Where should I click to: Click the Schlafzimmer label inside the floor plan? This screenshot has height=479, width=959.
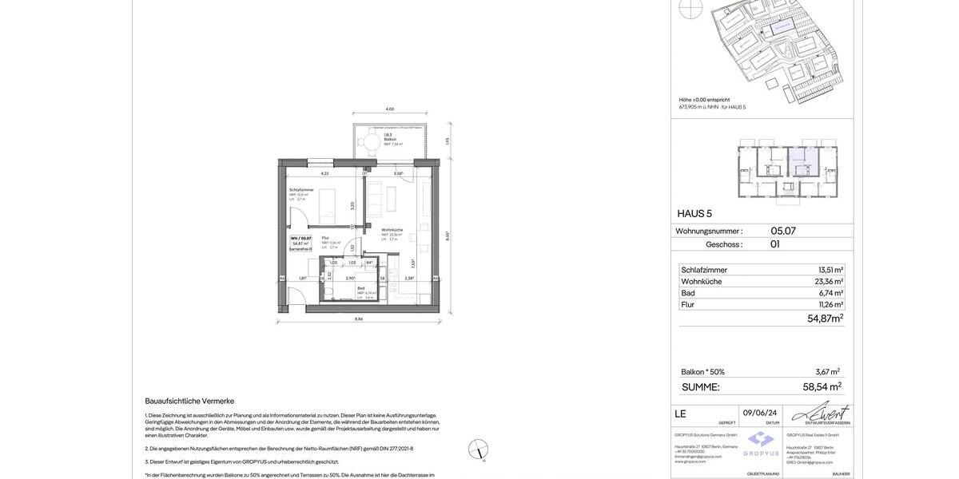[301, 190]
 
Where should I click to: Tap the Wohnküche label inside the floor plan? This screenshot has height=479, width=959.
[392, 230]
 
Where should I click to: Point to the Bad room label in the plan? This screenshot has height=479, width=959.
[361, 288]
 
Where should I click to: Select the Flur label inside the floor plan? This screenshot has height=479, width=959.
[326, 238]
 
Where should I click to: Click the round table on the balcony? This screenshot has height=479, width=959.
[372, 144]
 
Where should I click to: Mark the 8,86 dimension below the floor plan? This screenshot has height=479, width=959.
[359, 319]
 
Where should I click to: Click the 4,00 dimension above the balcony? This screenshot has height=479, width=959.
[390, 109]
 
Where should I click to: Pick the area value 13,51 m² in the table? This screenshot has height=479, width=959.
[830, 270]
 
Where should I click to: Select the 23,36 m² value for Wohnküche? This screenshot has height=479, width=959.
[829, 282]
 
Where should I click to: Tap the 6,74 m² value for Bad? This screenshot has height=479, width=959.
[831, 293]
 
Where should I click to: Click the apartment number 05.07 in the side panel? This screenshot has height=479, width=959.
[783, 231]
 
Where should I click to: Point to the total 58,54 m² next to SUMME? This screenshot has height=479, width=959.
[822, 386]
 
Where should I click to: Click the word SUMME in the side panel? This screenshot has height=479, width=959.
[701, 387]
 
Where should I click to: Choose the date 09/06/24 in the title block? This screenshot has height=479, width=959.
[760, 413]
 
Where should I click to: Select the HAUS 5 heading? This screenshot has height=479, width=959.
[694, 213]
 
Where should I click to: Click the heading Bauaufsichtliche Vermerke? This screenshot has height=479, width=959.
[189, 401]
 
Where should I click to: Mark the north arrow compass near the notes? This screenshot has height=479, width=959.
[478, 449]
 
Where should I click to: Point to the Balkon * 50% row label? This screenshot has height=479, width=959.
[703, 372]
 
